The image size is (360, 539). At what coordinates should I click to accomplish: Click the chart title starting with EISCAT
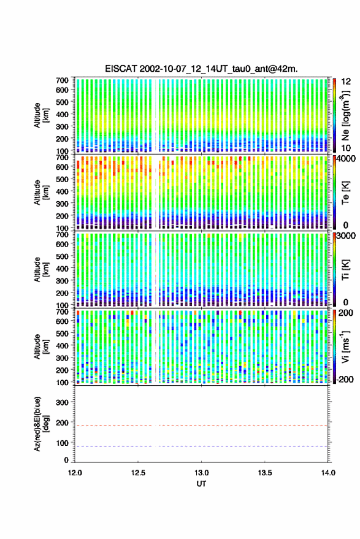tap(201, 69)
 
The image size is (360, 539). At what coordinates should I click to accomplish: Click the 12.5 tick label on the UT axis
tap(138, 473)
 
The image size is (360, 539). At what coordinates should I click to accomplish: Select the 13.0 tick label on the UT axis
tap(201, 473)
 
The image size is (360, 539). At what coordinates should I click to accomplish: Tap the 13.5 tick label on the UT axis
tap(264, 473)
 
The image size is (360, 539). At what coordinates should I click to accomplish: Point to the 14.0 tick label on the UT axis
tap(328, 473)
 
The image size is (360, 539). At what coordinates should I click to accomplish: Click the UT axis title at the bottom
tap(201, 484)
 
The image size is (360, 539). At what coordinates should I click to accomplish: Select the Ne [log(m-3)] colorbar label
tap(345, 115)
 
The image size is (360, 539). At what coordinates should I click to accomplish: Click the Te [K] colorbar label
tap(345, 192)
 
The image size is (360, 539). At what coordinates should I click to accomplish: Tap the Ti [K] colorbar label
tap(345, 270)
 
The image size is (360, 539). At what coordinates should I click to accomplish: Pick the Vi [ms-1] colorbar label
tap(345, 346)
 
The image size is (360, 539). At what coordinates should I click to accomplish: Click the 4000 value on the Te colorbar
tap(347, 159)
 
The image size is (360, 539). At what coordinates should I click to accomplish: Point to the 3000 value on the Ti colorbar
tap(347, 236)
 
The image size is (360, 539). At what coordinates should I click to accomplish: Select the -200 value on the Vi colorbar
tap(344, 380)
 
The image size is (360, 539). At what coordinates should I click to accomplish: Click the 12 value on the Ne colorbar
tap(347, 82)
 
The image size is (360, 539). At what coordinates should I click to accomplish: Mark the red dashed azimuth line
tap(201, 426)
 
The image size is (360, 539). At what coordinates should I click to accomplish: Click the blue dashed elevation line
tap(201, 446)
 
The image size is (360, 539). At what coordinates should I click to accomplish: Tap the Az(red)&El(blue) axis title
tap(42, 424)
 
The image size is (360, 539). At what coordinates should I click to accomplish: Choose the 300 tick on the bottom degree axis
tap(62, 402)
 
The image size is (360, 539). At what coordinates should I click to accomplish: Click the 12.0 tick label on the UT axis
tap(75, 473)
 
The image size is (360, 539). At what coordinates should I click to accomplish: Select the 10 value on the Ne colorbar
tap(347, 148)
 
